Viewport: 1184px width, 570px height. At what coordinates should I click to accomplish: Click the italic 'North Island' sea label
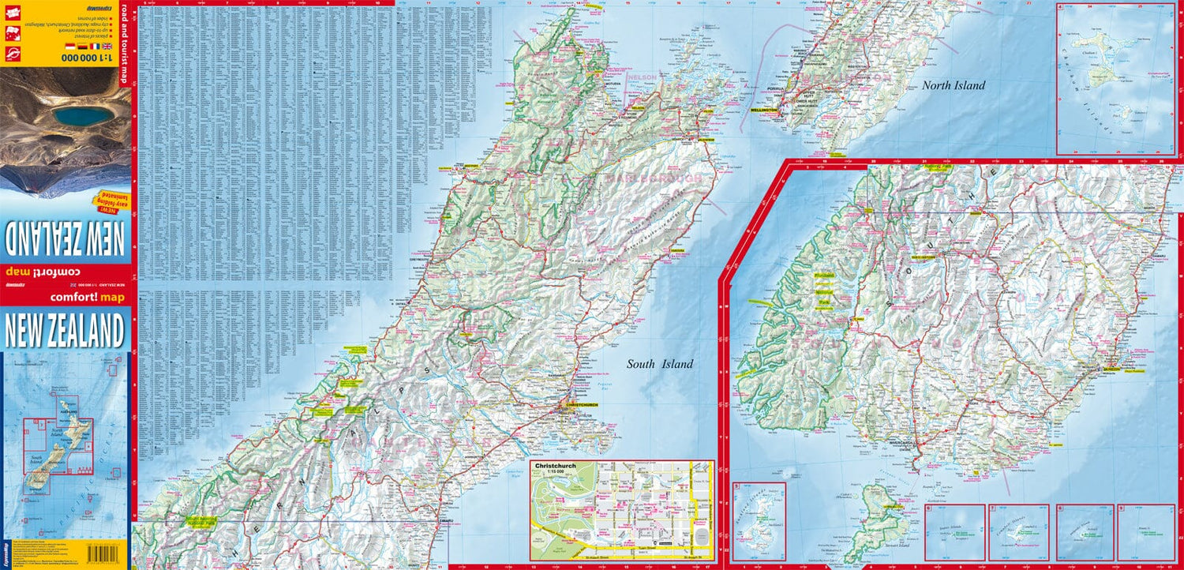pos(954,86)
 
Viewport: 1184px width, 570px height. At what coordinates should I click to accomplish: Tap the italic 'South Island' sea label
pos(660,364)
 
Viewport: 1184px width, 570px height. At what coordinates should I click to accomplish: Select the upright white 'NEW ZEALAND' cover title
pos(66,330)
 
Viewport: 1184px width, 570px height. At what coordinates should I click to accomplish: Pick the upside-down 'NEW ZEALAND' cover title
pos(66,234)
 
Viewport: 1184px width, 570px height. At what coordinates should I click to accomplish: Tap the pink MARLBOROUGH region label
pos(653,180)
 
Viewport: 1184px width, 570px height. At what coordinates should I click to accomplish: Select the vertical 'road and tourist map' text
pos(123,44)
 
